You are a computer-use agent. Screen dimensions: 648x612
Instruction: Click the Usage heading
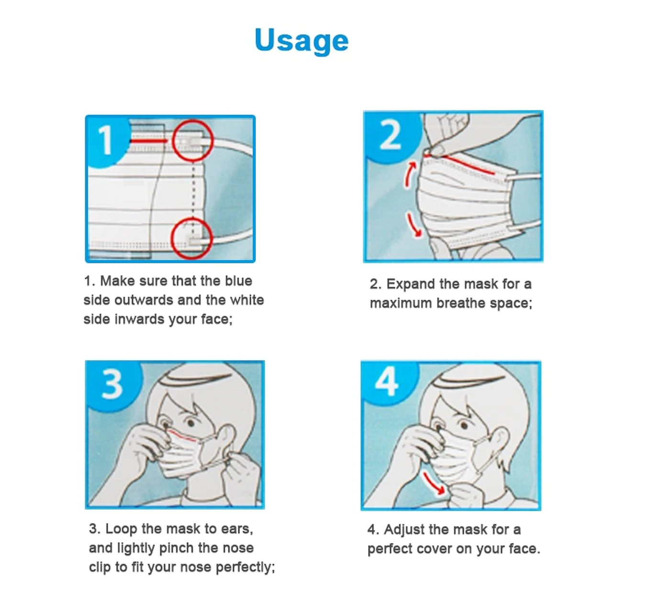point(301,41)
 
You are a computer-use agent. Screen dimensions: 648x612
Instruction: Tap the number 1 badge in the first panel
point(106,141)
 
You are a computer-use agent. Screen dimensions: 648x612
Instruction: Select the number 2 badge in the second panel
point(391,135)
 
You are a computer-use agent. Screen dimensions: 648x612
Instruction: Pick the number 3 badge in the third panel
point(112,384)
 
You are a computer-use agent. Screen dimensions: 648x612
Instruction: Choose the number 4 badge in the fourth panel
point(387,382)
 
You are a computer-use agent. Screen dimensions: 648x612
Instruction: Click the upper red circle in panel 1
point(193,140)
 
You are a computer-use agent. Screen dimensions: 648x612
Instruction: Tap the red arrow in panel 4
point(434,483)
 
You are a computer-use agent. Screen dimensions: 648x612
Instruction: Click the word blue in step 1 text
point(238,281)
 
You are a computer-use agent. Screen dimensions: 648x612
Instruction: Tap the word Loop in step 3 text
point(121,529)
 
